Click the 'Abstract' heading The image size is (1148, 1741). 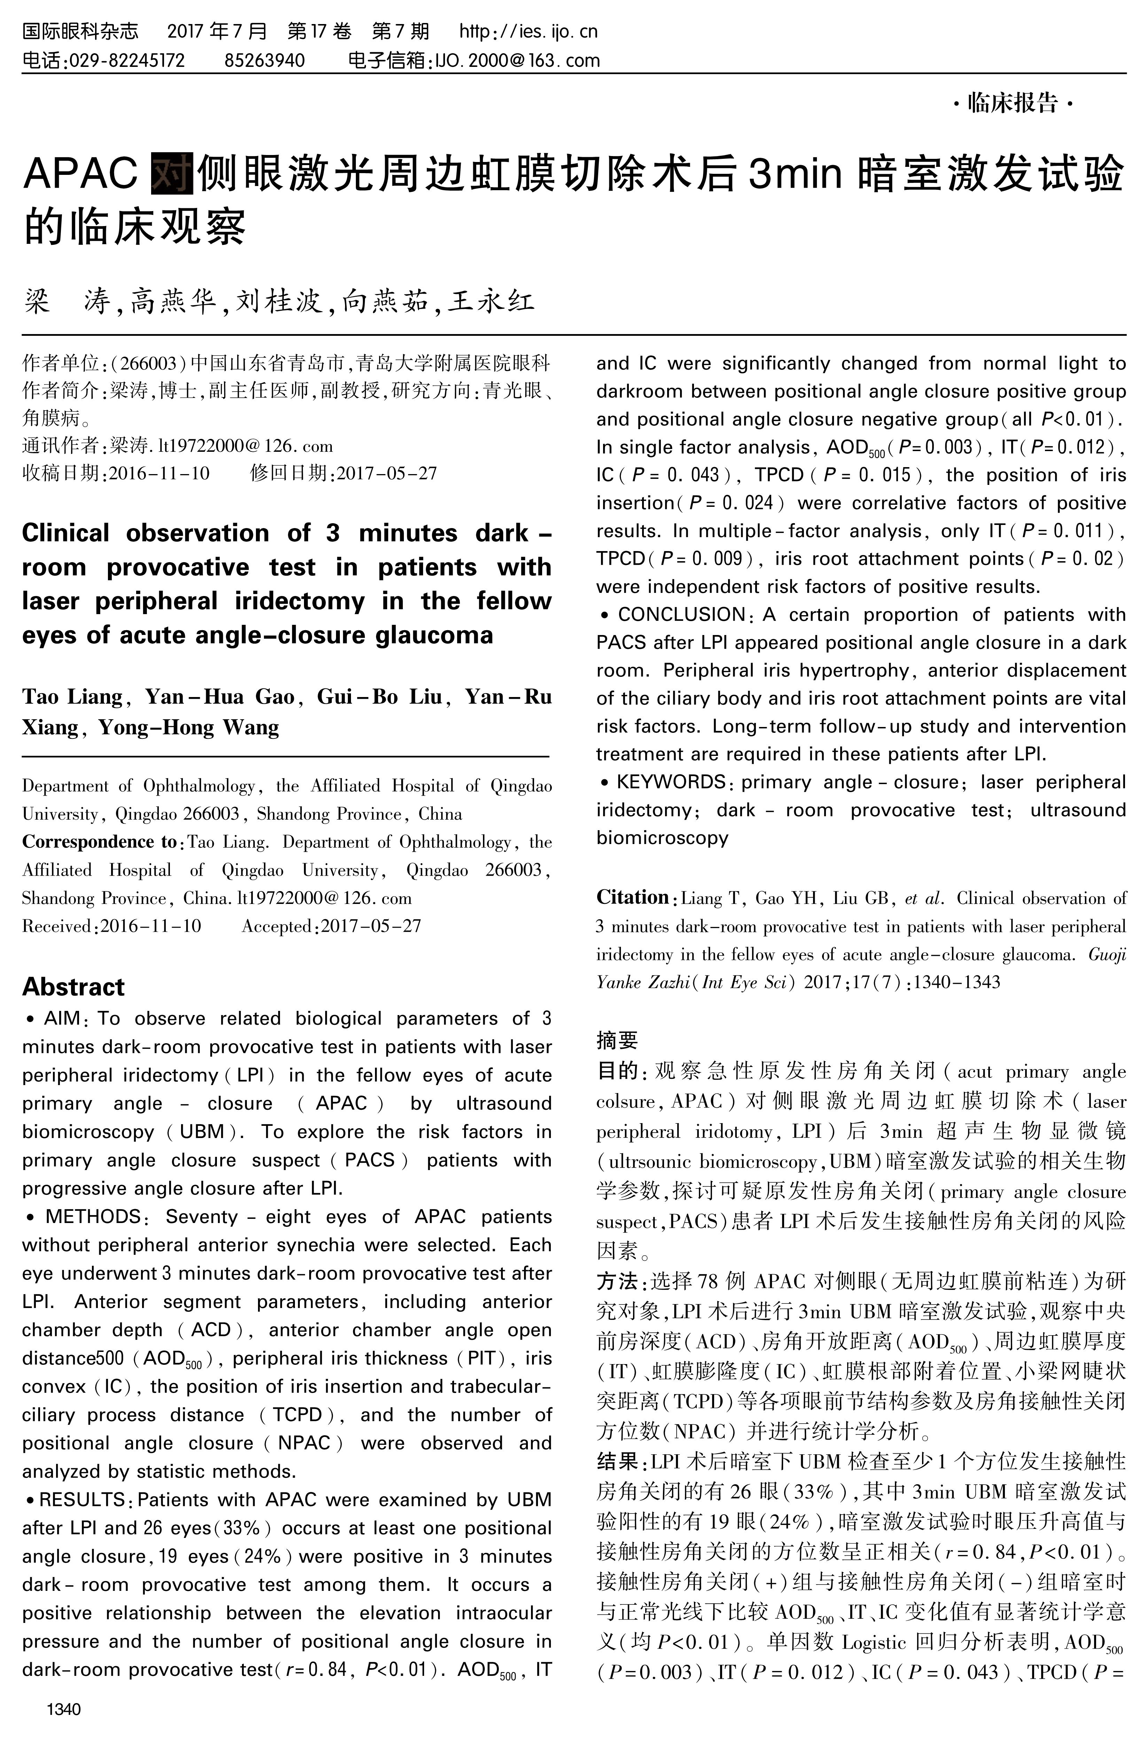[x=73, y=986]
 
